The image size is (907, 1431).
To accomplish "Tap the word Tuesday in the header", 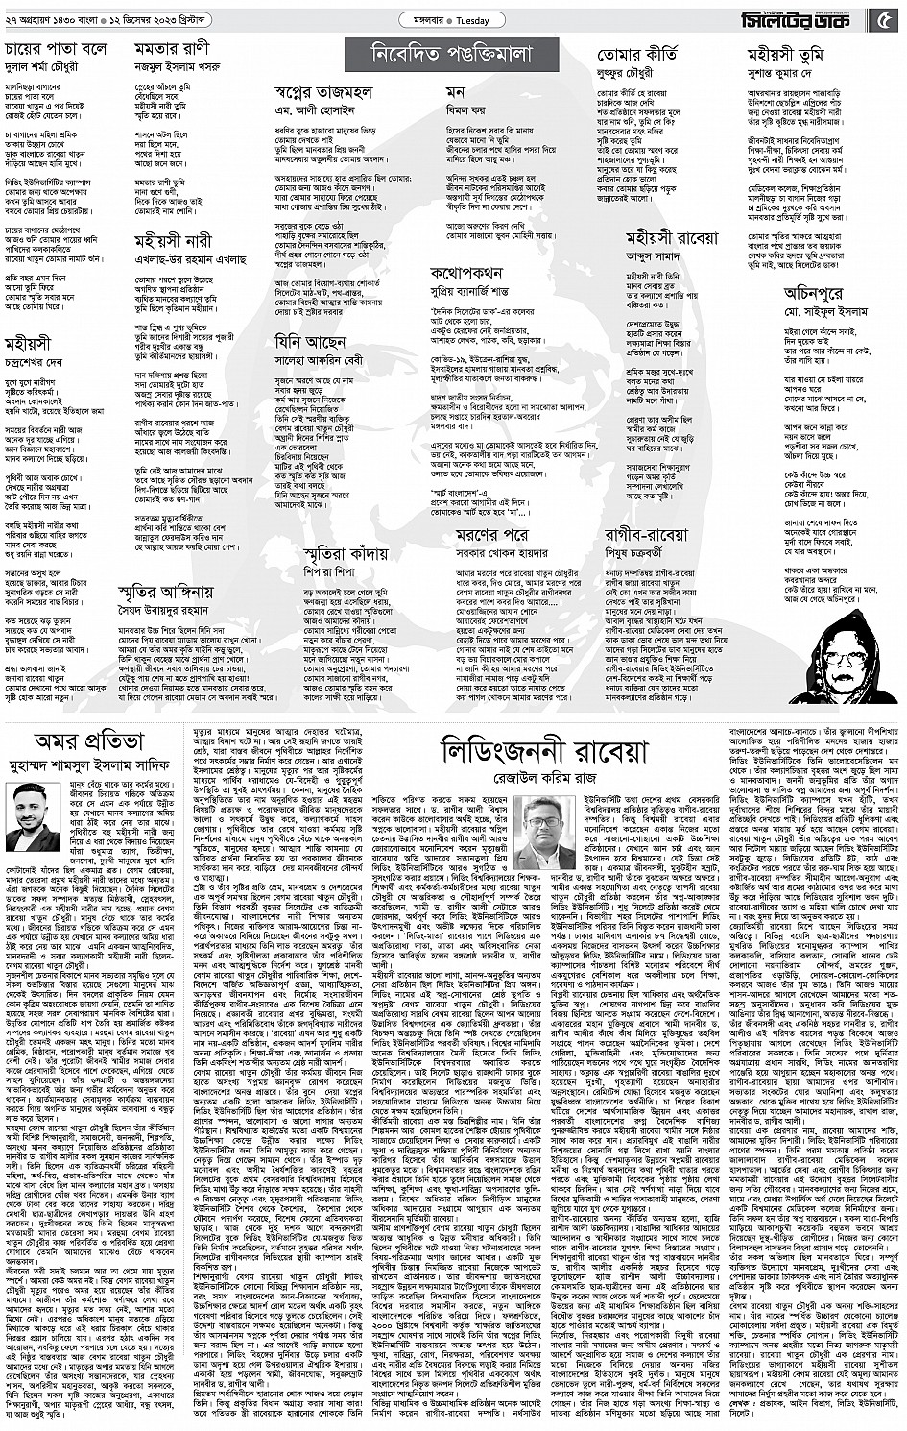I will [x=472, y=20].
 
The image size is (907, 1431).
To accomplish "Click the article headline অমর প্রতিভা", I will [x=88, y=740].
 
